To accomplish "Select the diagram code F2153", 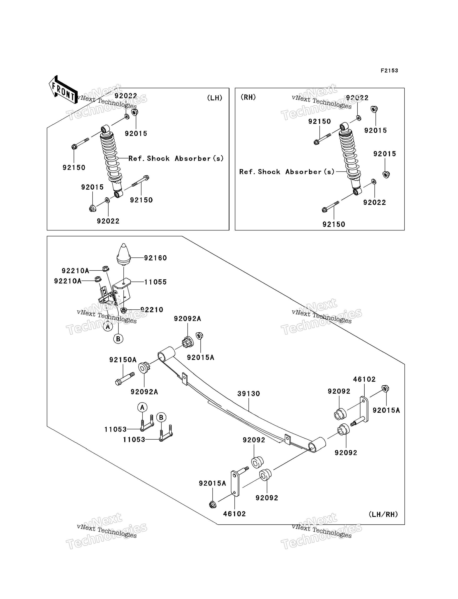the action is click(389, 71).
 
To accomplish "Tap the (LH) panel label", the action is click(215, 98).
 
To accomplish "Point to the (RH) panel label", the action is click(248, 97).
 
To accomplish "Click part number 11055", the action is click(155, 282).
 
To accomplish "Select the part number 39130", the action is click(249, 394).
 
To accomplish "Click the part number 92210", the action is click(152, 310).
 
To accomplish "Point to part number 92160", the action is click(155, 258).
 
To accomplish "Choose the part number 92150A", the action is click(123, 360).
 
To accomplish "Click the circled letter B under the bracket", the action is click(118, 339).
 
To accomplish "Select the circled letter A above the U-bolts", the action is click(142, 407).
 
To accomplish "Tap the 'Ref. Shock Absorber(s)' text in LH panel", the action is click(176, 159).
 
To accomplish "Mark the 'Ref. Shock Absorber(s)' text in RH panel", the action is click(287, 172).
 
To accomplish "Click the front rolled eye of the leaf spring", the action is click(166, 354).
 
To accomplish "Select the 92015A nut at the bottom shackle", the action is click(213, 504).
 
